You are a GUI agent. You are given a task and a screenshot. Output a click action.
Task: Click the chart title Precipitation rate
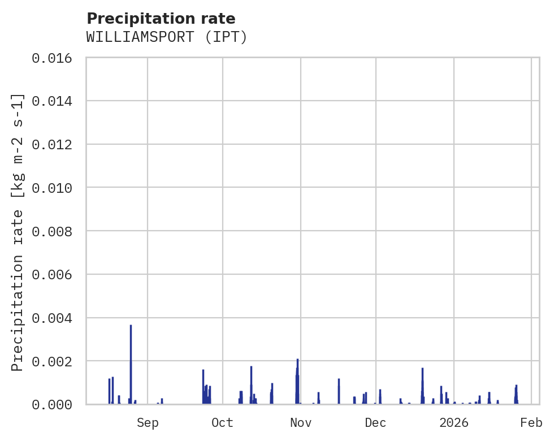[x=161, y=19]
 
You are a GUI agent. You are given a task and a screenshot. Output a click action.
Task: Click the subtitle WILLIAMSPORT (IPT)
[x=167, y=37]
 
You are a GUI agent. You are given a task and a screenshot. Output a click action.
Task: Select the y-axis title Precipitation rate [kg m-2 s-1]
[x=18, y=232]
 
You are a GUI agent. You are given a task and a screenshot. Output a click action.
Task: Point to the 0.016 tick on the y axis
[x=55, y=58]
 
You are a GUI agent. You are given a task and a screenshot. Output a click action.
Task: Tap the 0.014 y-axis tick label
[x=55, y=101]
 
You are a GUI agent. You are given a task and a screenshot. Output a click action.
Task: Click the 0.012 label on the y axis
[x=55, y=145]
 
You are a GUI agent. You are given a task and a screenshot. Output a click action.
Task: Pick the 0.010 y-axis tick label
[x=55, y=188]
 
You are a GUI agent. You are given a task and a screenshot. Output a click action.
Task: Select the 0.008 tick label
[x=55, y=231]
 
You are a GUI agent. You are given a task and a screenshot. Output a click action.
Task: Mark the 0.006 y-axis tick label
[x=55, y=275]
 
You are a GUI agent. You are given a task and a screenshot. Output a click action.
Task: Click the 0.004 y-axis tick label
[x=55, y=318]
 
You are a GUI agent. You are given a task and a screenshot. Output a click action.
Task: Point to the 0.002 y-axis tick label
[x=55, y=361]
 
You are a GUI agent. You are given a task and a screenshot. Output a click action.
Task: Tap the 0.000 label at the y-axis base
[x=55, y=405]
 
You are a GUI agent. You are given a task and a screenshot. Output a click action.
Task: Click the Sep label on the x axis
[x=148, y=423]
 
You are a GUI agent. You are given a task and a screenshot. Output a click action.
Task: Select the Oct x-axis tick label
[x=223, y=423]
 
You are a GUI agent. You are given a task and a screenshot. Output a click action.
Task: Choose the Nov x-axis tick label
[x=301, y=423]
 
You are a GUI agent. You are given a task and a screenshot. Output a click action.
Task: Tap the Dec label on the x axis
[x=376, y=423]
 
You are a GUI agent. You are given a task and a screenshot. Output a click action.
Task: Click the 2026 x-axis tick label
[x=454, y=423]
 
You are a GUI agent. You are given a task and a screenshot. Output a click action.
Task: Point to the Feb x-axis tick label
[x=531, y=423]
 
